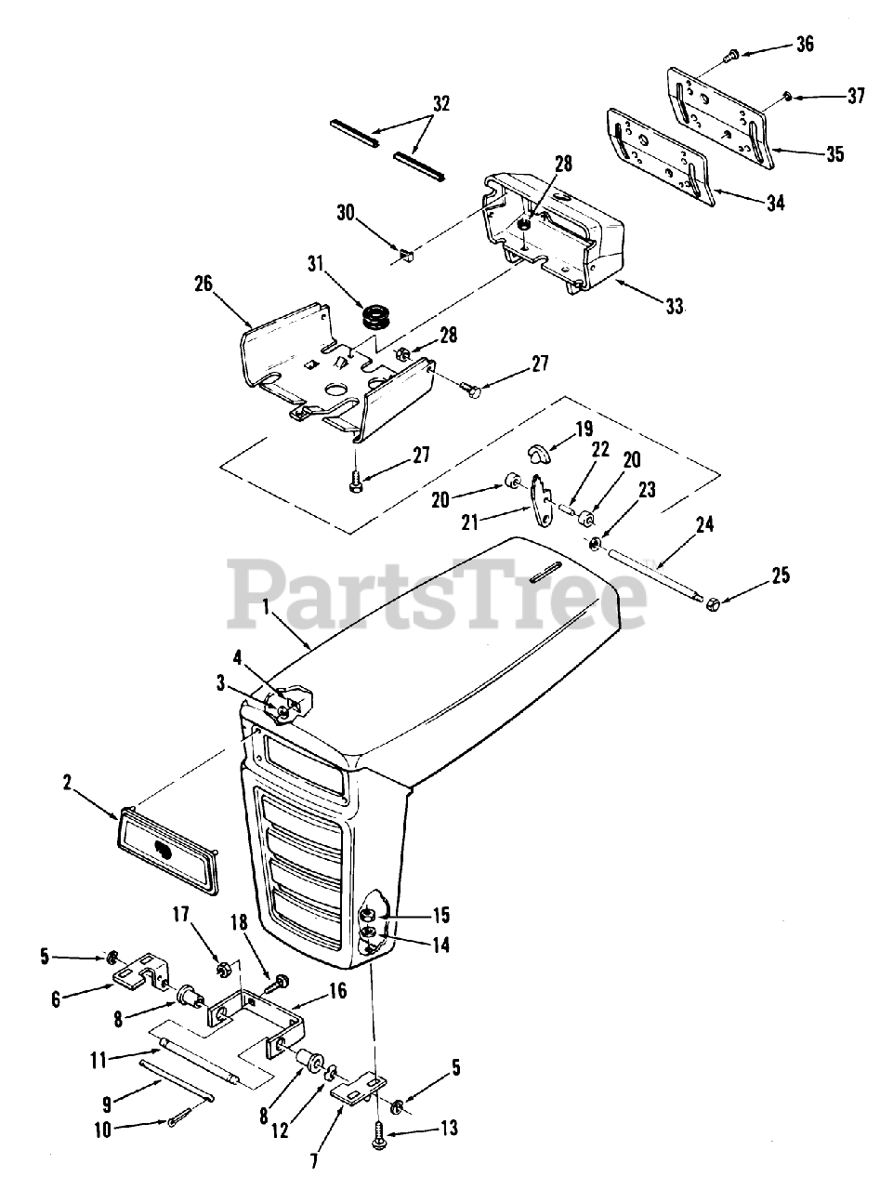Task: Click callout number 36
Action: pyautogui.click(x=805, y=44)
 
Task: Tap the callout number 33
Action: pyautogui.click(x=674, y=305)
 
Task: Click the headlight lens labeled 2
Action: pyautogui.click(x=167, y=848)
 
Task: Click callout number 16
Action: pyautogui.click(x=337, y=990)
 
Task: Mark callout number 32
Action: pyautogui.click(x=441, y=103)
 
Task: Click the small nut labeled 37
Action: pyautogui.click(x=787, y=96)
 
